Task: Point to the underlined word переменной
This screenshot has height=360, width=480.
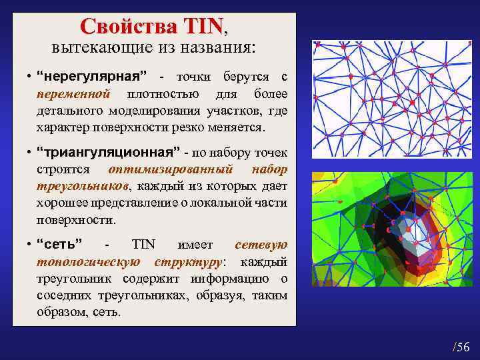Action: pyautogui.click(x=73, y=95)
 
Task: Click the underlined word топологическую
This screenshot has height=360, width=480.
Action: pyautogui.click(x=87, y=261)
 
